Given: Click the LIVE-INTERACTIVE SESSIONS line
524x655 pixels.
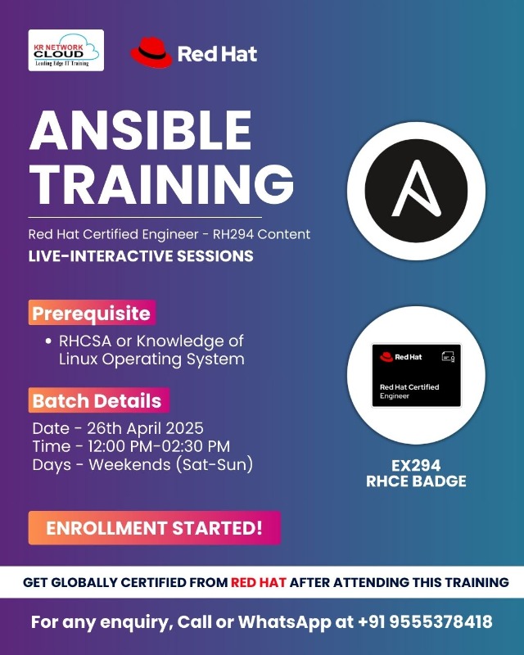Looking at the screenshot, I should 141,256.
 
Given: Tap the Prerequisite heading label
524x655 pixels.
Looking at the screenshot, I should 91,313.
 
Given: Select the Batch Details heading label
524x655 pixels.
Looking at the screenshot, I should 97,401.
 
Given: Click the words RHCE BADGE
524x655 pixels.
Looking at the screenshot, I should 416,481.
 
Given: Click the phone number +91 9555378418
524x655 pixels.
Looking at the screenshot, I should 425,622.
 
